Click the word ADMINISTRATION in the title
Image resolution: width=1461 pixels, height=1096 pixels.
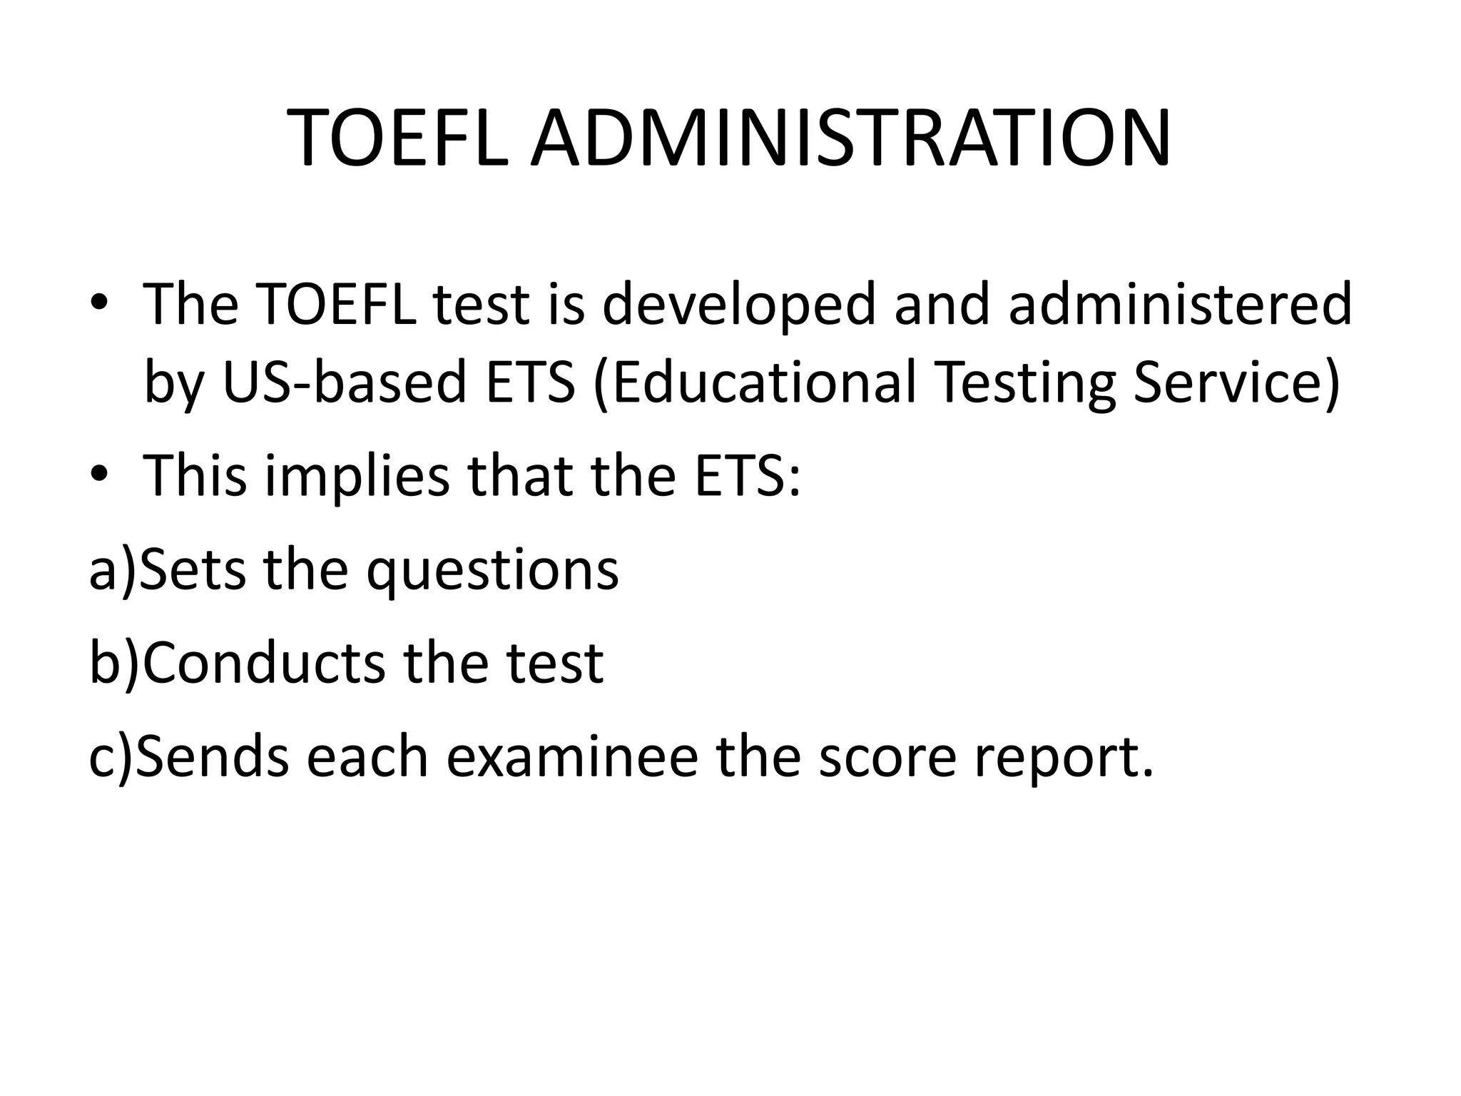(x=850, y=138)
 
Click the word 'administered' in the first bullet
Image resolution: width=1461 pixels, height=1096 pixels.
(x=1181, y=304)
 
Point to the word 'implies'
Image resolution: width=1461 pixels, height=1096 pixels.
(x=357, y=477)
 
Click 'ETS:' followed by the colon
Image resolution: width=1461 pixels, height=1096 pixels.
(x=748, y=475)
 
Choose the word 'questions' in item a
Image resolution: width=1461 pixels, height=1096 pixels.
(x=492, y=571)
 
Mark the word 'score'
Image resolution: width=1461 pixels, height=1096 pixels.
(x=887, y=758)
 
